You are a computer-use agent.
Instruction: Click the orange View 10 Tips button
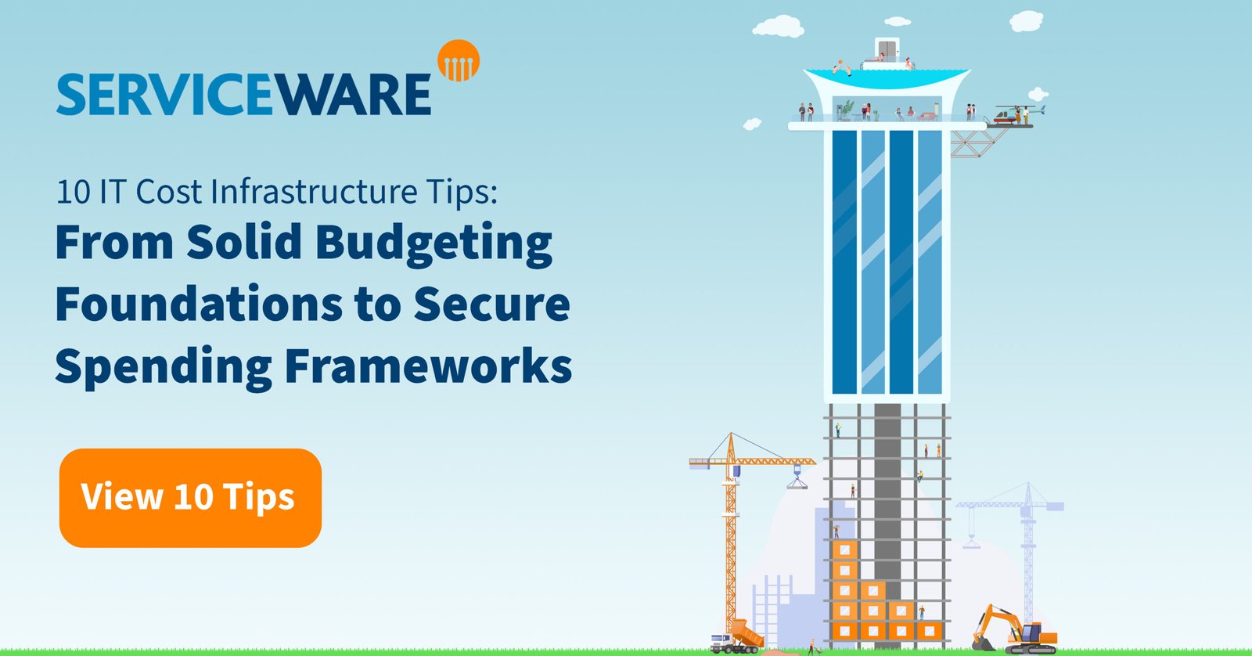tap(190, 498)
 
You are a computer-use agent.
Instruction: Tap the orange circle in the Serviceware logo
tap(459, 60)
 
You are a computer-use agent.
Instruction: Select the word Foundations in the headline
tap(199, 304)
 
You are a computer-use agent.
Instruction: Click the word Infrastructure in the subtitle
tap(314, 192)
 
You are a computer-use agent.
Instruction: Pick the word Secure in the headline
tap(492, 305)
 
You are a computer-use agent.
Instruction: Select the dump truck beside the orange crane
tap(736, 636)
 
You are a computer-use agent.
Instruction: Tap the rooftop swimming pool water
tap(887, 78)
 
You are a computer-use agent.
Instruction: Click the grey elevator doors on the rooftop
tap(887, 50)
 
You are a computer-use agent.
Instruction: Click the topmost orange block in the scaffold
tap(844, 550)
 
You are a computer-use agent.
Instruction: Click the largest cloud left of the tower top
tap(779, 27)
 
